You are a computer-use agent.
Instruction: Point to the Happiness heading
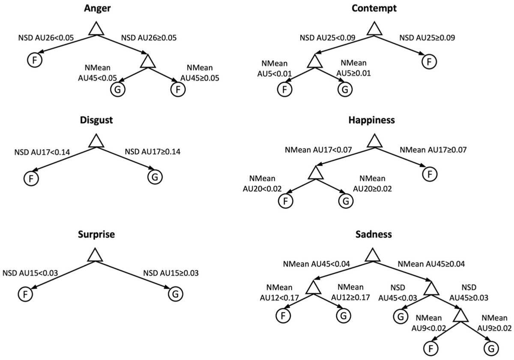[374, 120]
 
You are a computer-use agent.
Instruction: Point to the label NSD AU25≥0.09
[427, 38]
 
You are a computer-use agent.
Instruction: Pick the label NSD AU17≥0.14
[152, 151]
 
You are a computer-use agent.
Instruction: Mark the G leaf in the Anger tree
[117, 89]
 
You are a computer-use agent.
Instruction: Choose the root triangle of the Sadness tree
[374, 256]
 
